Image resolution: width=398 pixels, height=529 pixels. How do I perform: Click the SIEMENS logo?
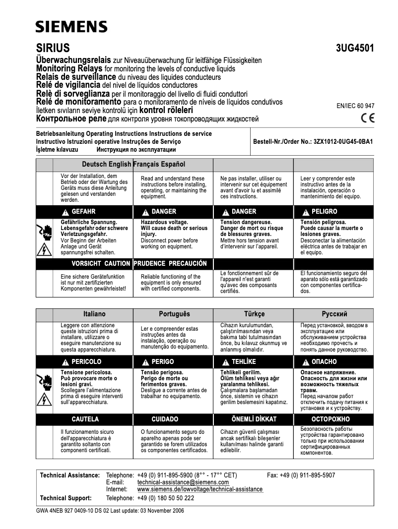coord(71,27)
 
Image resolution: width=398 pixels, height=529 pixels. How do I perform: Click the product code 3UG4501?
coord(354,49)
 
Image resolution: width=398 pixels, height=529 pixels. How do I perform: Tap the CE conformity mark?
coord(368,118)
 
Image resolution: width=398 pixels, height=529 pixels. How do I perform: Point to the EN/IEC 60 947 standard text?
coord(355,106)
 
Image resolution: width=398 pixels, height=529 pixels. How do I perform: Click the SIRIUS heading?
coord(53,49)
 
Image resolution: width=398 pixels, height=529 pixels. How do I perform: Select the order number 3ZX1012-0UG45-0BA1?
coord(343,141)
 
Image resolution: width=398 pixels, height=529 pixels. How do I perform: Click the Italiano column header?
coord(94,314)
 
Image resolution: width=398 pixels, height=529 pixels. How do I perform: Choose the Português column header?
coord(174,314)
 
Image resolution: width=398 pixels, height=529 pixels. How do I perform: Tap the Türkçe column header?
coord(254,314)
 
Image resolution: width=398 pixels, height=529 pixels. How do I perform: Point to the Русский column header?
coord(334,314)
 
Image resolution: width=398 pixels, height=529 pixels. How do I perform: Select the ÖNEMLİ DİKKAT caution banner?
coord(254,419)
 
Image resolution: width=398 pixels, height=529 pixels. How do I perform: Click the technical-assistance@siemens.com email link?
coord(183,482)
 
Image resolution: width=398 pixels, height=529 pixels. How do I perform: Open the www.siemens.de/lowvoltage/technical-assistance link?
coord(200,489)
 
